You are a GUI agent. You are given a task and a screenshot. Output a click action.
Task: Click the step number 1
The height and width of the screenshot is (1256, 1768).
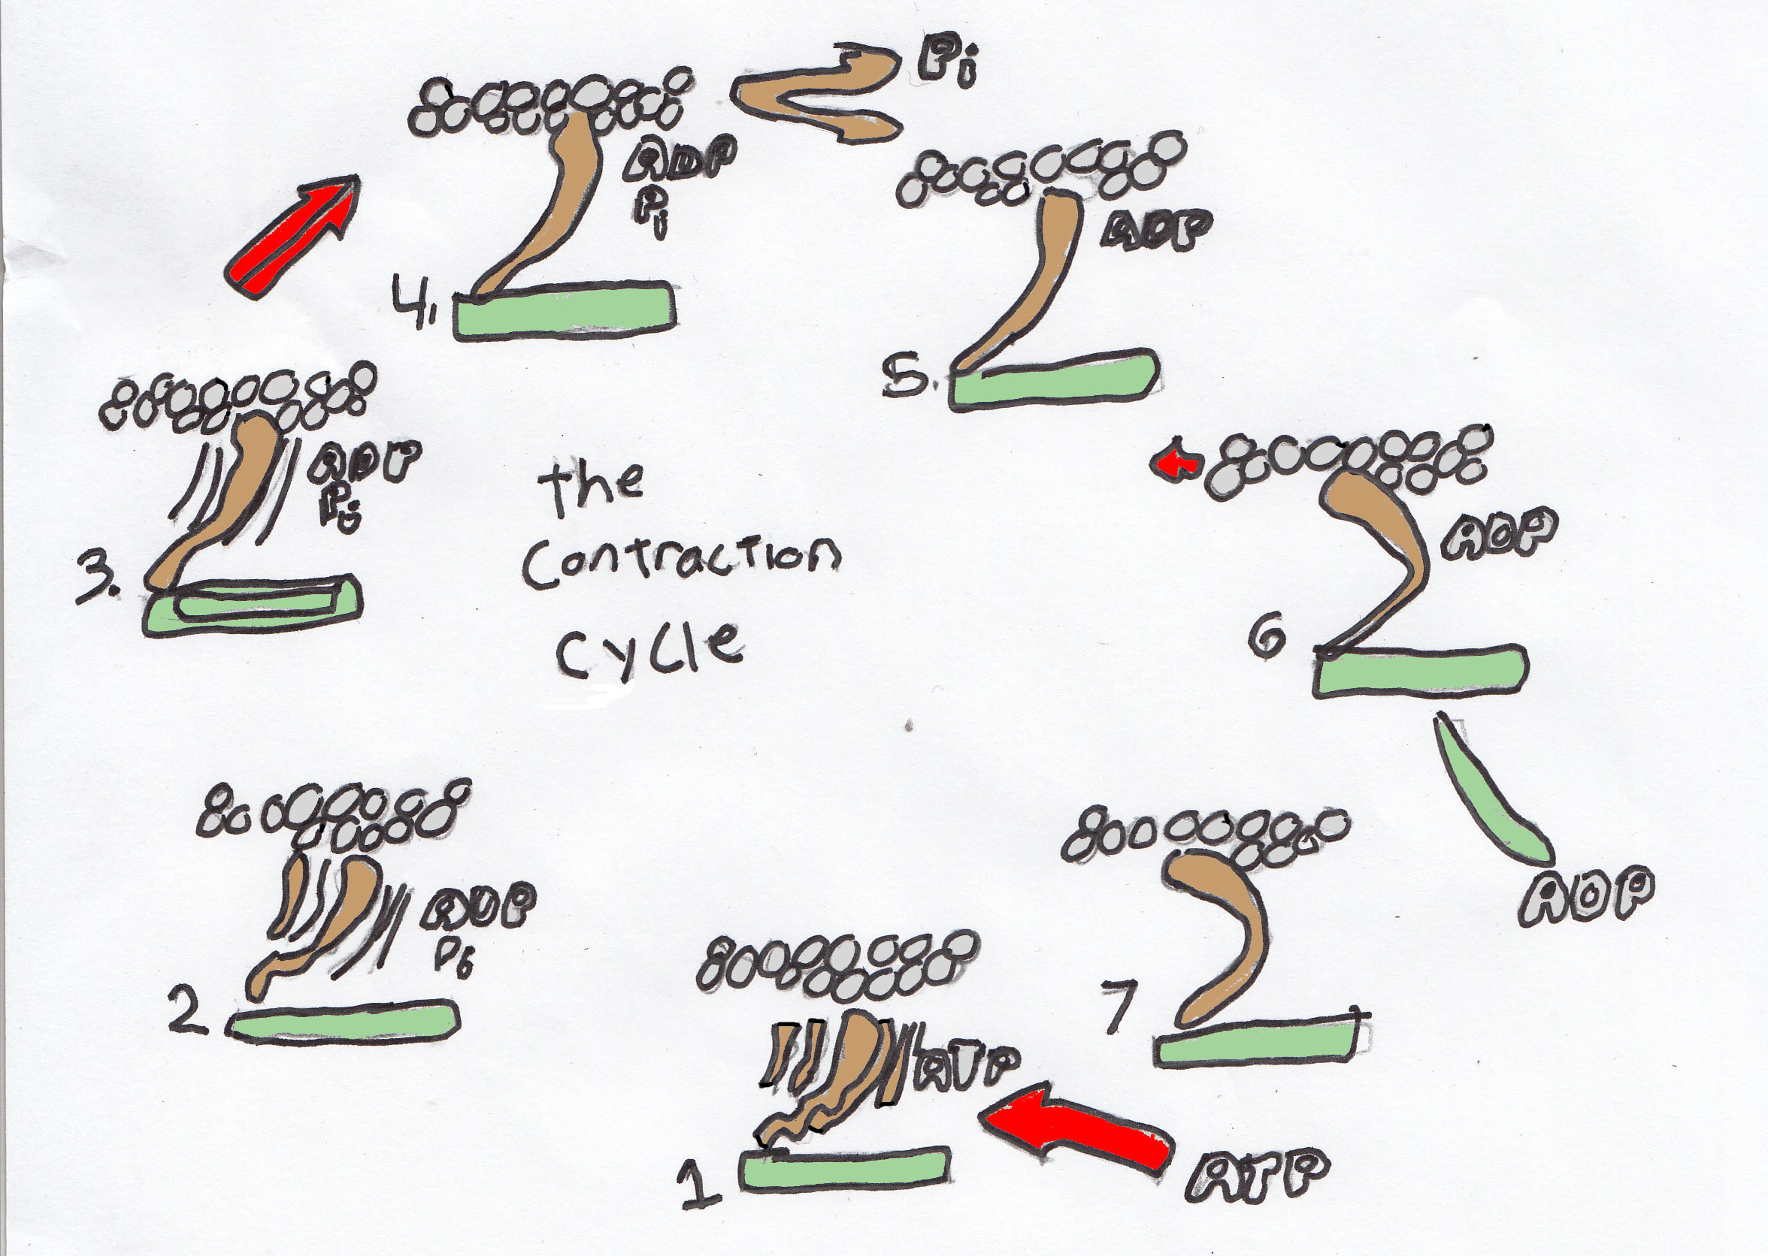tap(701, 1186)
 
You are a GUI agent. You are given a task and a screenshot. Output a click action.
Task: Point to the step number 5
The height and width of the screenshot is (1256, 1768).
tap(908, 378)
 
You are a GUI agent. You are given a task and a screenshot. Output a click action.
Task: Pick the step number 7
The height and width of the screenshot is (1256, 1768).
tap(1120, 1005)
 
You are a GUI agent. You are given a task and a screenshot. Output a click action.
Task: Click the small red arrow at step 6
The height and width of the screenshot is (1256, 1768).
tap(1177, 463)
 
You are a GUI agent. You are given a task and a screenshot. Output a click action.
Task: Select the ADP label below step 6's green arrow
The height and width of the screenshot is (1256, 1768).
tap(1586, 897)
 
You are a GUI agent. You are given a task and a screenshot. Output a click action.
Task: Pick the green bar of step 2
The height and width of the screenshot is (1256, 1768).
tap(344, 1022)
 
